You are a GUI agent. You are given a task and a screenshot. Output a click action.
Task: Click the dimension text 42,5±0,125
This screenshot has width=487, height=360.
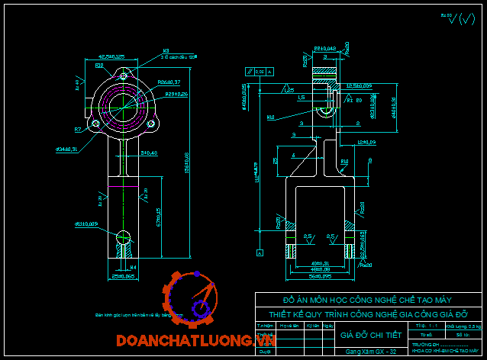click(x=111, y=56)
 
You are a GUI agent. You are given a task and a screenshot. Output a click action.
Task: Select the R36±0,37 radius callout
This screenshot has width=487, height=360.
click(x=169, y=82)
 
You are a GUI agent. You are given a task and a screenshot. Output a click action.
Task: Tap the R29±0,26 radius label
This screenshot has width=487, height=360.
click(x=177, y=93)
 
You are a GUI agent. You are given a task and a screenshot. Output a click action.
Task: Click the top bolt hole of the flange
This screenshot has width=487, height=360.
click(x=124, y=76)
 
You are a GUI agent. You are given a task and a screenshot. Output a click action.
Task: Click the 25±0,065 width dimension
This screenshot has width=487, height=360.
click(x=124, y=276)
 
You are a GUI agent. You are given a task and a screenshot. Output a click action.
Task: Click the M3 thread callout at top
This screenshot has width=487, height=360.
click(x=166, y=52)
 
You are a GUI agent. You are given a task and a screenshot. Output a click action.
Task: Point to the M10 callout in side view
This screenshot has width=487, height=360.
click(x=271, y=117)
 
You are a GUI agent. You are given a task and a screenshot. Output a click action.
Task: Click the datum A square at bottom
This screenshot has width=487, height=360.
click(x=260, y=252)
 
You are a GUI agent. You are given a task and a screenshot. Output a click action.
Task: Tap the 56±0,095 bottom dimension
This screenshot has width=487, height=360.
click(x=314, y=276)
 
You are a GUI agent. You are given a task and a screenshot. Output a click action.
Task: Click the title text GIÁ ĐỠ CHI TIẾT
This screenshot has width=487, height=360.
click(x=369, y=334)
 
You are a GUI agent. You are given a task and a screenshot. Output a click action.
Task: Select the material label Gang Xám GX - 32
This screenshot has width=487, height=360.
click(x=369, y=351)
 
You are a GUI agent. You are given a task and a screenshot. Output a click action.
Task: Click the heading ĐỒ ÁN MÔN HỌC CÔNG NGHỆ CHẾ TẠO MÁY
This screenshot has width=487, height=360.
click(x=369, y=300)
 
